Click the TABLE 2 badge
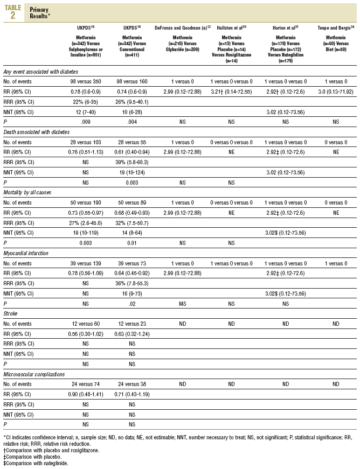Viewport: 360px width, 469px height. (x=12, y=12)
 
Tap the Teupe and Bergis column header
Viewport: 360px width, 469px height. (x=336, y=26)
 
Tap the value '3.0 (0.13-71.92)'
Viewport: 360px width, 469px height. (x=336, y=92)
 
